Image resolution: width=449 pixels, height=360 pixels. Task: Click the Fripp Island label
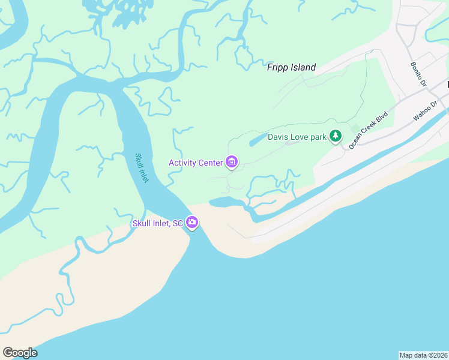click(x=291, y=68)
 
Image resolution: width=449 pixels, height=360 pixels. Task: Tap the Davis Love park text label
click(x=297, y=137)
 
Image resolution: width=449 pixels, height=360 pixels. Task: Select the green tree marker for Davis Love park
click(x=336, y=137)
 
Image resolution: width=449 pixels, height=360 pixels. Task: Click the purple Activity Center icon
click(x=232, y=162)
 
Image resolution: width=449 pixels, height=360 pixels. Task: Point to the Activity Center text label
click(x=196, y=163)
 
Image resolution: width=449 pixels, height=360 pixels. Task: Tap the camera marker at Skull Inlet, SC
click(x=192, y=223)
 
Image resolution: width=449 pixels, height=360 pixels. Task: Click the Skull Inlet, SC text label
click(x=157, y=224)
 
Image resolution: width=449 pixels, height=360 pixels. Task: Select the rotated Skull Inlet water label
click(x=142, y=169)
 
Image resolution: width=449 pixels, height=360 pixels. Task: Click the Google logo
click(x=20, y=353)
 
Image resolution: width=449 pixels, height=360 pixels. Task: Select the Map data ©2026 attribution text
click(x=423, y=355)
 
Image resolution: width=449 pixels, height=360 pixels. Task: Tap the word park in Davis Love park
click(x=316, y=137)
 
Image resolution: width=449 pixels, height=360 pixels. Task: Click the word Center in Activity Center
click(x=210, y=163)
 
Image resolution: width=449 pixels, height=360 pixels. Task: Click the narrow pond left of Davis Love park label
click(x=256, y=140)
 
